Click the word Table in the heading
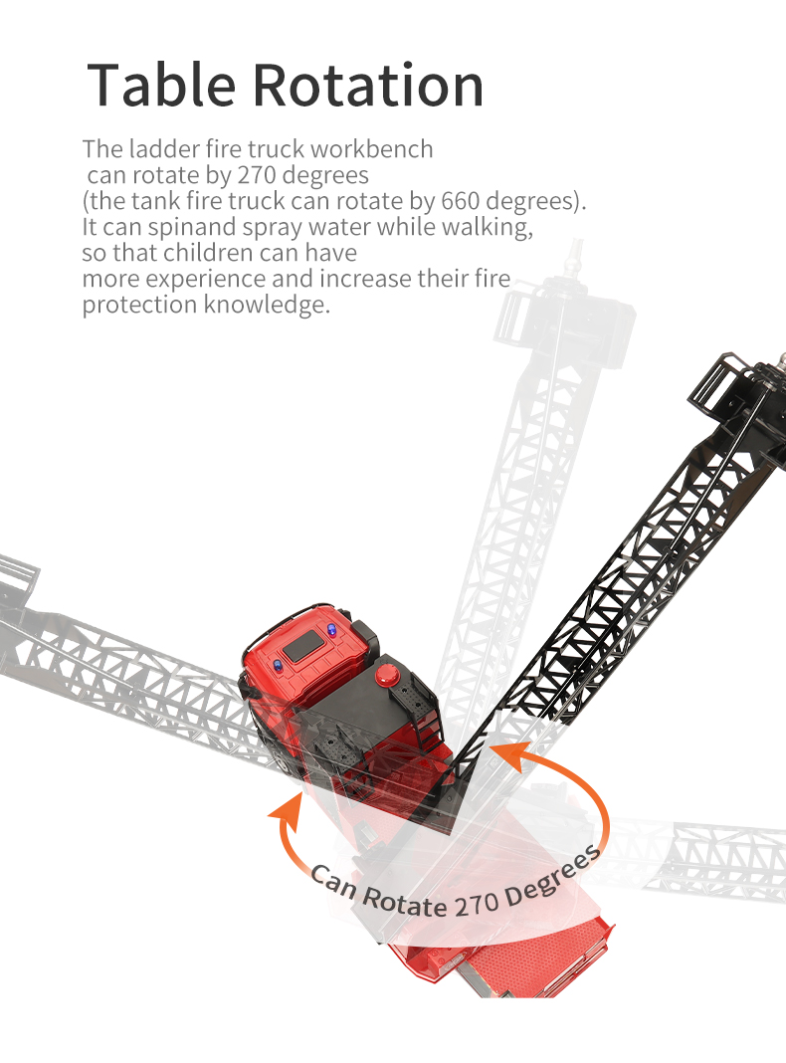(160, 86)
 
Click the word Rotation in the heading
(367, 86)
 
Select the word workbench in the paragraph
(371, 150)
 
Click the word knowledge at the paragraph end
(266, 306)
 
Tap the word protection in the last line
(139, 306)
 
